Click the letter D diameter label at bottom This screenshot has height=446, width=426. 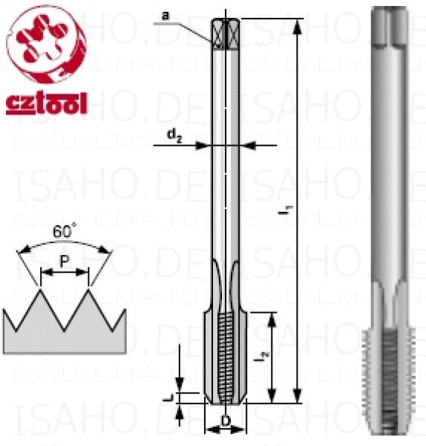pos(224,423)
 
